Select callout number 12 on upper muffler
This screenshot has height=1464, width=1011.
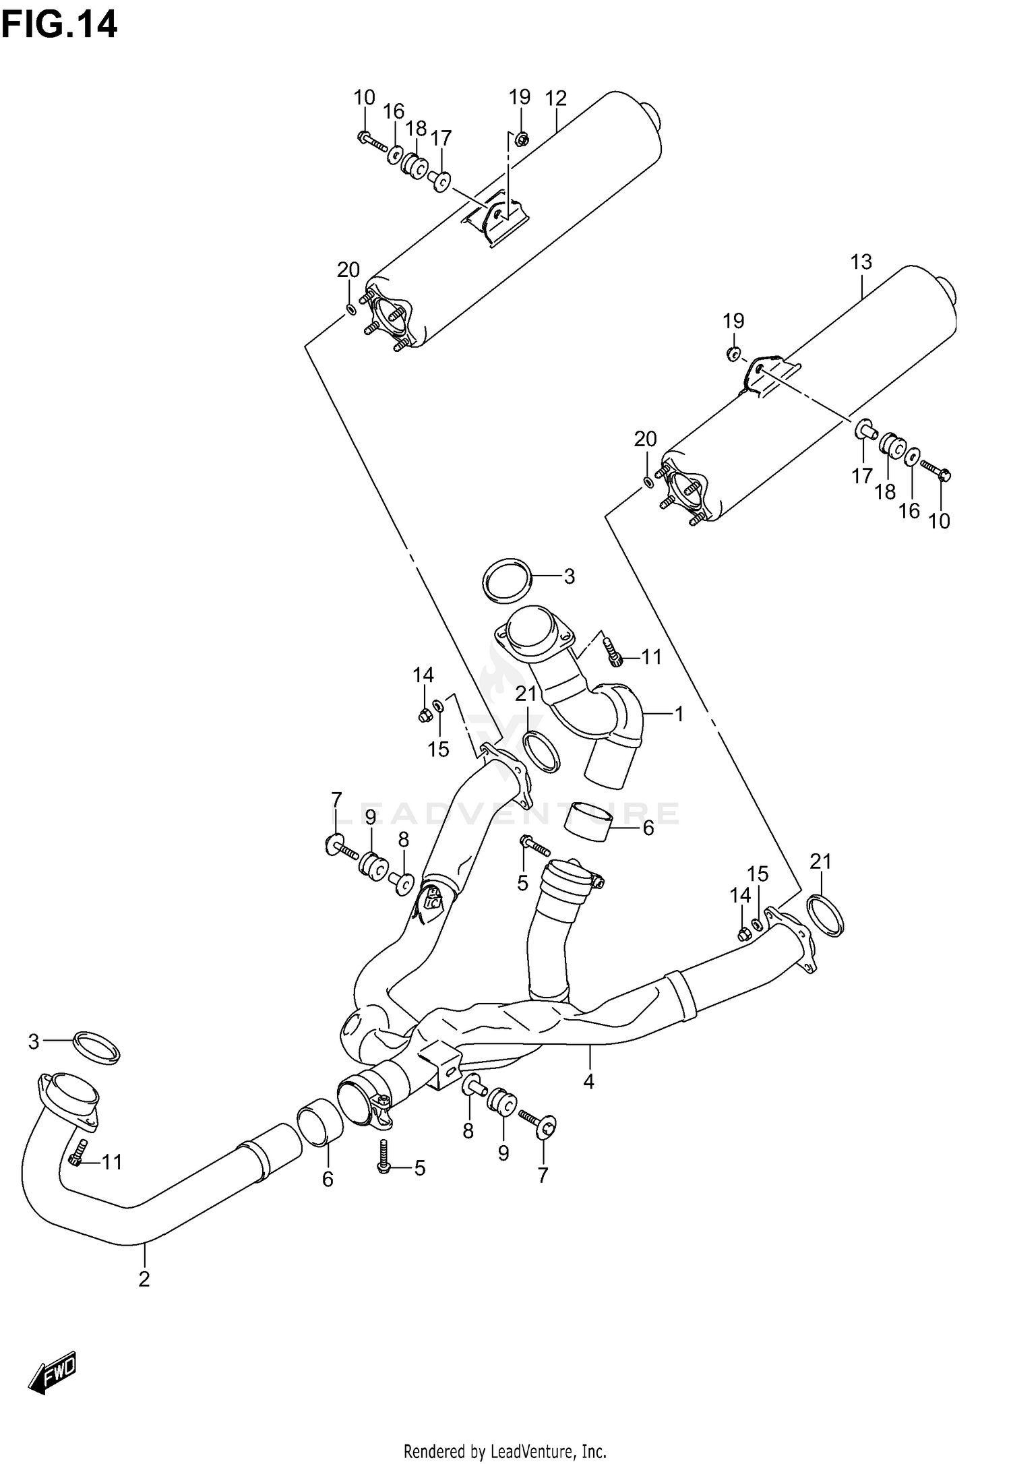pos(555,98)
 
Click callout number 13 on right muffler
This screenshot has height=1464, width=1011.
pos(861,262)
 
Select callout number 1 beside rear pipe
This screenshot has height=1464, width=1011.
pos(679,714)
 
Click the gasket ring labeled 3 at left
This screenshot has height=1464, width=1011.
pos(96,1047)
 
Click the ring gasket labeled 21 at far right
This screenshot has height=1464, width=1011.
pos(824,915)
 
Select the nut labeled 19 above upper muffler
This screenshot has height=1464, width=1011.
pos(521,140)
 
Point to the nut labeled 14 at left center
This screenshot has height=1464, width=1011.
pos(424,715)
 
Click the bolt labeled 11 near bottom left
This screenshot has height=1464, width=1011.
pos(76,1154)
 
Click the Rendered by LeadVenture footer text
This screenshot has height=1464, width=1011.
pos(505,1451)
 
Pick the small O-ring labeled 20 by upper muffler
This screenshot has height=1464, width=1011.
pos(350,309)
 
